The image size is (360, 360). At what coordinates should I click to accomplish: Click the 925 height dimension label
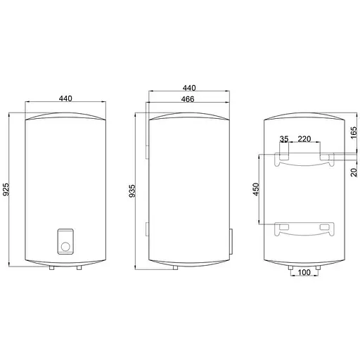point(6,189)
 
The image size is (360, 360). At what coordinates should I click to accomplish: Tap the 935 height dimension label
point(132,191)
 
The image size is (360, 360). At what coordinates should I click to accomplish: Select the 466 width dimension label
point(188,99)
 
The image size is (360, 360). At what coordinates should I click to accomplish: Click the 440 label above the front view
point(65,98)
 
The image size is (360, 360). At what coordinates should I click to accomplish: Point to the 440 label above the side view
point(189,88)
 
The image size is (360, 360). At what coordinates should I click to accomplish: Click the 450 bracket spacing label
point(256,189)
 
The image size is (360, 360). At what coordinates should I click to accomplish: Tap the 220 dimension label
point(304,139)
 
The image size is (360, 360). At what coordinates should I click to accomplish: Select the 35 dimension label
point(284,139)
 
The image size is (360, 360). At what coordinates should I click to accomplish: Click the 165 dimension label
point(354,133)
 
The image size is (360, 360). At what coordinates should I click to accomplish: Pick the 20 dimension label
point(354,172)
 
